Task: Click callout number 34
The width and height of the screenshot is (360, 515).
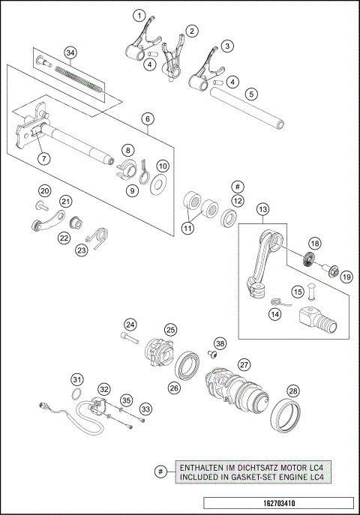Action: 70,52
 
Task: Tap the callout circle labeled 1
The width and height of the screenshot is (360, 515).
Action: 139,14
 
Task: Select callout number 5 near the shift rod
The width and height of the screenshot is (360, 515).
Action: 252,94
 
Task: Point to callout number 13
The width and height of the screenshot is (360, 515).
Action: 263,211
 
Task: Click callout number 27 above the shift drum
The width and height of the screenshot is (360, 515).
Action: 244,364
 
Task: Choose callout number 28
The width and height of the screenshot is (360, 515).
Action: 293,391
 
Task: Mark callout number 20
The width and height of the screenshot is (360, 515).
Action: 44,190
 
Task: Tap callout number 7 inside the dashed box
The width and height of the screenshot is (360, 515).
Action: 44,158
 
